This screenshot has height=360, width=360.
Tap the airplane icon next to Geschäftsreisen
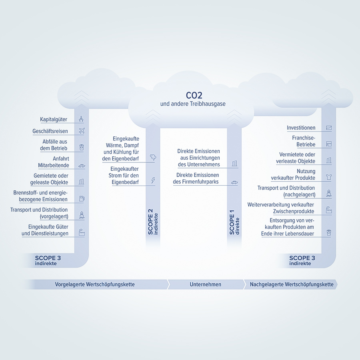82,131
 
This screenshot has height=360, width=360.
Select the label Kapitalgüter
54,120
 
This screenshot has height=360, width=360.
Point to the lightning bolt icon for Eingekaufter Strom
153,180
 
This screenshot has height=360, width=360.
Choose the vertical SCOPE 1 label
232,222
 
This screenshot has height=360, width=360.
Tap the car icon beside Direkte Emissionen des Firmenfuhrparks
234,182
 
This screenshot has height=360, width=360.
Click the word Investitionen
301,128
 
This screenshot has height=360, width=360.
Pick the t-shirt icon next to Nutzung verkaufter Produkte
329,177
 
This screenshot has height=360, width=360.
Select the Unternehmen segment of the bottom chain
205,284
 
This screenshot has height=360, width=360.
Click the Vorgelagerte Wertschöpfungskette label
95,284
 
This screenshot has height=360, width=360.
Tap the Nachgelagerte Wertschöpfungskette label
292,284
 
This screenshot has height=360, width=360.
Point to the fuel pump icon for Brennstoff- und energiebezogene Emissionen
82,198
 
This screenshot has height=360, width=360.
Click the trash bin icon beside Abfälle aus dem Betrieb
82,148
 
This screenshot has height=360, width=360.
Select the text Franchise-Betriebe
304,141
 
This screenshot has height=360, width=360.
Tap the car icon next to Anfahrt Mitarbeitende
82,166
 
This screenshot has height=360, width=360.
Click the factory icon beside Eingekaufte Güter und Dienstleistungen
82,232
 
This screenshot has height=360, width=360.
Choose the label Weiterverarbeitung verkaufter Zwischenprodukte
281,208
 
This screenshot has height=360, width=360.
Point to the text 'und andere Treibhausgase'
193,104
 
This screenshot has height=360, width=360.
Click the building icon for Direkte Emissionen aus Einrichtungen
234,164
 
